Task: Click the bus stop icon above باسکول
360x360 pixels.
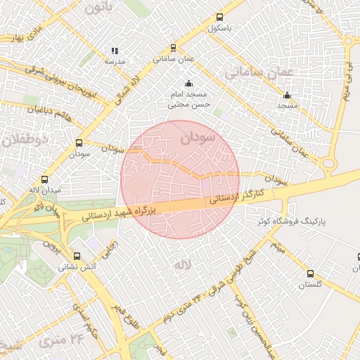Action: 220,18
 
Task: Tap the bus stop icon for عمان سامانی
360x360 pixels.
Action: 173,49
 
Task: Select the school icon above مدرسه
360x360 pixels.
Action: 115,51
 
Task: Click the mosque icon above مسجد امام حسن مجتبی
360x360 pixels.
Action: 188,84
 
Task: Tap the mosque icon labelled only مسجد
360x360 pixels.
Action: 287,95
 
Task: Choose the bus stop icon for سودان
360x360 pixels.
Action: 79,143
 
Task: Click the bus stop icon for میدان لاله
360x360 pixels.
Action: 46,179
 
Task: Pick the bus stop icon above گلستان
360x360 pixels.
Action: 310,274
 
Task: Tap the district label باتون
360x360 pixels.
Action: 98,8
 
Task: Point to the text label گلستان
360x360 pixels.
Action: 310,285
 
